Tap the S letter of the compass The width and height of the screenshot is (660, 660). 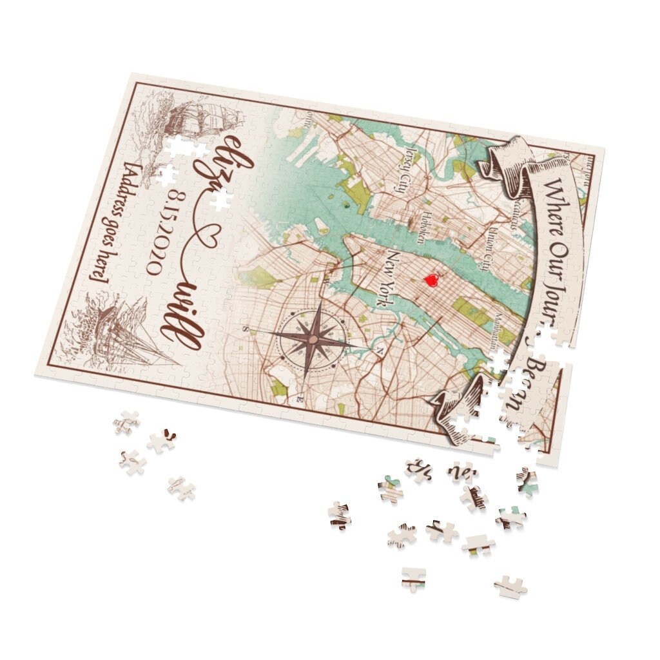point(245,327)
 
